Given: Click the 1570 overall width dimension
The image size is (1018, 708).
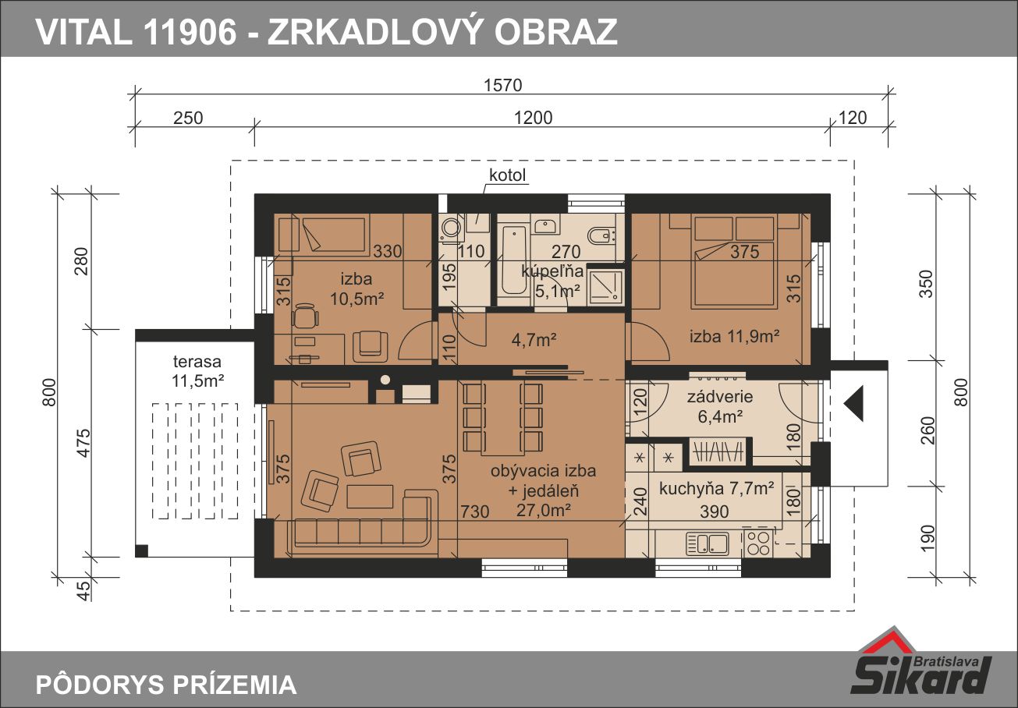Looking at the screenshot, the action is click(502, 85).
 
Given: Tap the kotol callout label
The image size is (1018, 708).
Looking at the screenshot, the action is click(507, 175).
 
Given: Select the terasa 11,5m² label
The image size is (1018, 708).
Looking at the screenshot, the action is click(197, 371).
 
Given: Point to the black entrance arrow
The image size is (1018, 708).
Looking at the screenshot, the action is click(853, 404).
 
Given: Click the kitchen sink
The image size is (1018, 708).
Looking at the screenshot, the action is click(708, 543).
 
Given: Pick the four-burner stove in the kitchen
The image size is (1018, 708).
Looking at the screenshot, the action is click(758, 543).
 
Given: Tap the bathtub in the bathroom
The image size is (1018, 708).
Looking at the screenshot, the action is click(513, 260).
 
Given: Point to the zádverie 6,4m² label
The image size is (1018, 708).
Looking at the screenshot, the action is click(720, 406).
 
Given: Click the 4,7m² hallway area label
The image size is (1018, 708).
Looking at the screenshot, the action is click(534, 339).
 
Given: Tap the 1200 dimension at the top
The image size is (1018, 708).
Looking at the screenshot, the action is click(533, 118).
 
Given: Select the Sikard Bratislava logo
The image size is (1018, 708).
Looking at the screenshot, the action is click(921, 667).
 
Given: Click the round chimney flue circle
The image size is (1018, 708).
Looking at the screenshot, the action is click(385, 379).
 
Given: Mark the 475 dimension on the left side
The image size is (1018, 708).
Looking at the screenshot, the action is click(84, 443).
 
